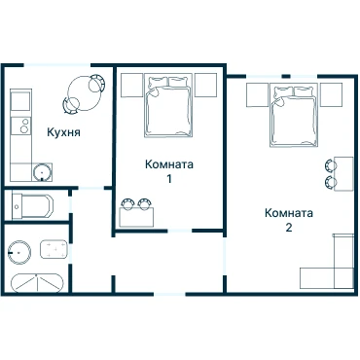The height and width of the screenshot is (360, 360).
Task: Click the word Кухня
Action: (x=63, y=132)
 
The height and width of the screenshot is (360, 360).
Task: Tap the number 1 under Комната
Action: (x=169, y=179)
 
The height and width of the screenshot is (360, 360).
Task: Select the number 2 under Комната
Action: (x=289, y=228)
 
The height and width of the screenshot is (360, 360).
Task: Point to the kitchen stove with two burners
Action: (x=20, y=126)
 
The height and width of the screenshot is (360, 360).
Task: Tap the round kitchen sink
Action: (x=42, y=172)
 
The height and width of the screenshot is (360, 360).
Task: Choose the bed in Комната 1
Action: (x=168, y=107)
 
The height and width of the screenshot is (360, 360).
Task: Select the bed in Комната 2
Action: (x=293, y=115)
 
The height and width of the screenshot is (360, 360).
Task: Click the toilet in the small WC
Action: (x=32, y=206)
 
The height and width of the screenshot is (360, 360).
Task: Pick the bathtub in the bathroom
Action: (x=36, y=283)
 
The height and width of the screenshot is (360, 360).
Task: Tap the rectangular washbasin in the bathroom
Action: (x=54, y=249)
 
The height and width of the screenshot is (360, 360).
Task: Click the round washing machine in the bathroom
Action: (x=18, y=252)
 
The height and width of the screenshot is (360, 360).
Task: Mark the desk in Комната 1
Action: (x=136, y=217)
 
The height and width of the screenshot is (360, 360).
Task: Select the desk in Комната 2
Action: (x=343, y=174)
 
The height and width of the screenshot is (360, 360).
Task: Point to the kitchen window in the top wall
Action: (x=57, y=65)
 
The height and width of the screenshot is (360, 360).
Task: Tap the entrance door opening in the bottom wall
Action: (x=169, y=294)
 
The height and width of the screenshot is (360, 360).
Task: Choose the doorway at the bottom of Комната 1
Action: (x=180, y=231)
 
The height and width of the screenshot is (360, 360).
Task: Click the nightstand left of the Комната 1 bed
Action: (x=131, y=85)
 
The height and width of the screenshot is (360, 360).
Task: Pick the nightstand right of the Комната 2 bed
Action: (x=332, y=94)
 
